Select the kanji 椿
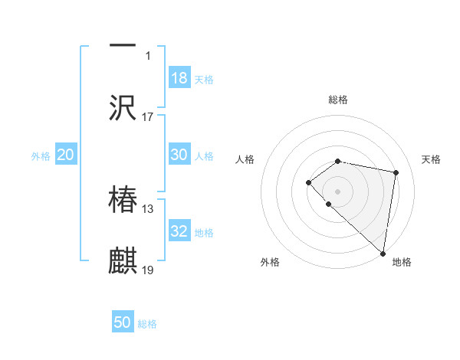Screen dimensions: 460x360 coord(123,199)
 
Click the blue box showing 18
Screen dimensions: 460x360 coord(179,78)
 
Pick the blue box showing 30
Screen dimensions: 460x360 coord(179,155)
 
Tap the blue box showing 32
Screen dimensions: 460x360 coord(179,231)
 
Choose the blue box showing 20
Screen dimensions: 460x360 coord(65,155)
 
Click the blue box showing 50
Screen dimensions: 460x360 coord(123,322)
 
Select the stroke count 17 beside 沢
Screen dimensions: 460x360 coord(148,117)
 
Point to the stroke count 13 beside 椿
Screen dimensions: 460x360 coord(148,208)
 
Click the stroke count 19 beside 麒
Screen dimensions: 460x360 coord(148,270)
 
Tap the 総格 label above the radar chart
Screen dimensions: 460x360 coord(338,100)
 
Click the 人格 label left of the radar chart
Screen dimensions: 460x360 coord(245,159)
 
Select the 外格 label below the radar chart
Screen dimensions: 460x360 coord(270,262)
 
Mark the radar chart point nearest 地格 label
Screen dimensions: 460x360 coord(383,253)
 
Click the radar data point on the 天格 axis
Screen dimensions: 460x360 coord(396,172)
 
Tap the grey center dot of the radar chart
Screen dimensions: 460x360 coord(338,191)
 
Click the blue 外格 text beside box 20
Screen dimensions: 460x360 coord(41,155)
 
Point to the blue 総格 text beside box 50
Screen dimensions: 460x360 coord(147,323)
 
